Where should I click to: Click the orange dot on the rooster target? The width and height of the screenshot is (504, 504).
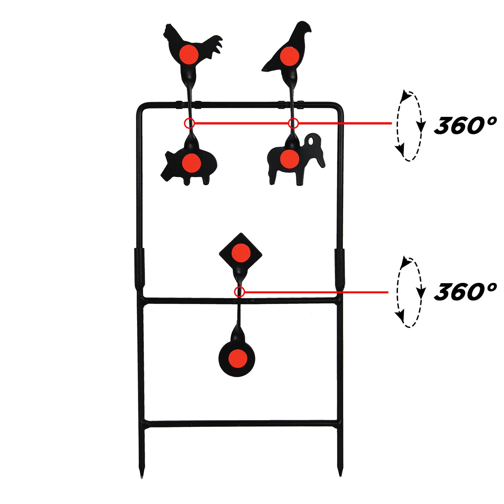[x=189, y=54]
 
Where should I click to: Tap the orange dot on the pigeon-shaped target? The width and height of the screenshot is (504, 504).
[x=289, y=56]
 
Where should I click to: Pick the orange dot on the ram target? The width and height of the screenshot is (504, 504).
[x=289, y=158]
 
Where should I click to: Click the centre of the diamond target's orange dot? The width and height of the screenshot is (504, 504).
[x=241, y=253]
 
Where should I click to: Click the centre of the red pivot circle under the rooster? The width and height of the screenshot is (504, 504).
[x=189, y=123]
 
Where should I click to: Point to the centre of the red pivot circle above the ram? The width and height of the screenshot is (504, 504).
[x=293, y=123]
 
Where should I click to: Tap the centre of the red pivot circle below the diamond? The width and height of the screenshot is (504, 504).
[x=239, y=292]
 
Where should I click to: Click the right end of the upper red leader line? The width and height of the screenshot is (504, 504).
[x=392, y=123]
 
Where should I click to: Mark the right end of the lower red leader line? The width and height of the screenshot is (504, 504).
[x=388, y=292]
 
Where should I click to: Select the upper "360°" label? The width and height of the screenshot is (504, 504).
[x=465, y=126]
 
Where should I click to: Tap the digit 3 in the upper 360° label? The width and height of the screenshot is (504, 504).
[x=444, y=126]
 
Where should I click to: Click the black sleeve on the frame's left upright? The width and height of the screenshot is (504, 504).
[x=139, y=267]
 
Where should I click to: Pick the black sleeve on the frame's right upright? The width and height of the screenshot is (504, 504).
[x=340, y=267]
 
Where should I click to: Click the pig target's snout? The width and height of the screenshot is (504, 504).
[x=166, y=169]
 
